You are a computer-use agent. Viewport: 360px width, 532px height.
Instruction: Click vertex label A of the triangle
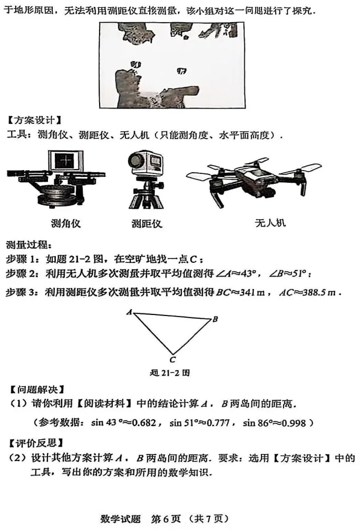click(x=129, y=312)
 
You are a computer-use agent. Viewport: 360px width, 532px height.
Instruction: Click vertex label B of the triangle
click(x=215, y=319)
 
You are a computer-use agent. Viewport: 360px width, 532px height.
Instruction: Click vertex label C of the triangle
click(x=172, y=360)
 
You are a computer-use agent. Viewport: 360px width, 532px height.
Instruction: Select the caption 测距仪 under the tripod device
click(x=147, y=223)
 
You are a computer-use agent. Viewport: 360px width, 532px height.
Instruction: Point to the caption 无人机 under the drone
click(x=269, y=222)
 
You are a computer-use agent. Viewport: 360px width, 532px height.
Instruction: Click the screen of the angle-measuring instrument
click(x=65, y=162)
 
